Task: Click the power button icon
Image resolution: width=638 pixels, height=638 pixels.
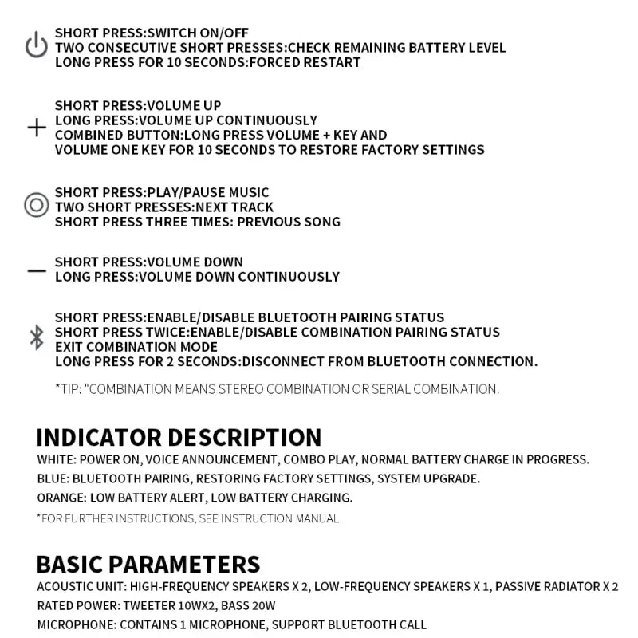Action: (36, 46)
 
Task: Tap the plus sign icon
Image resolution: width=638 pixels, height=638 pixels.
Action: (37, 128)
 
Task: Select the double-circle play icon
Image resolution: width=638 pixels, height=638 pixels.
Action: (36, 206)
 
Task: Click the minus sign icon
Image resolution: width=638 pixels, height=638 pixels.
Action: (37, 270)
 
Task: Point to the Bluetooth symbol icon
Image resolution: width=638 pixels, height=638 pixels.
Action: (36, 337)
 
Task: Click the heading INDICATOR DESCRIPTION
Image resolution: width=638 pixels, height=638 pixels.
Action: (179, 437)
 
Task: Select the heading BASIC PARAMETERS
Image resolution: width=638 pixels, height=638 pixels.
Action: (148, 564)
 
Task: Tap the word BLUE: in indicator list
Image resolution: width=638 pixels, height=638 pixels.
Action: (53, 478)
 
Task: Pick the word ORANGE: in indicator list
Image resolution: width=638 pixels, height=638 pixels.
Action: (62, 498)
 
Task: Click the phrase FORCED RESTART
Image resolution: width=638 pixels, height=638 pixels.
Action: (305, 62)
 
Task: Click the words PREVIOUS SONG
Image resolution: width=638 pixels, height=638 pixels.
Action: (289, 222)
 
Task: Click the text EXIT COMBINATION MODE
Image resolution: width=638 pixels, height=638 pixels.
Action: (136, 347)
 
